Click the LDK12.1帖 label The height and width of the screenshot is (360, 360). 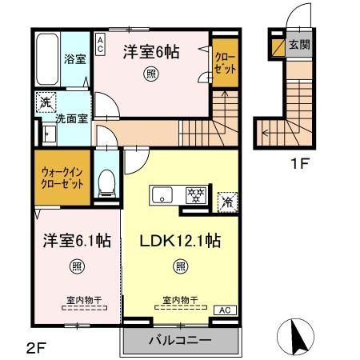(181, 240)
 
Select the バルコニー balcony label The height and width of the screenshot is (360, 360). (181, 339)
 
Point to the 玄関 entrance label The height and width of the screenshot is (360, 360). (299, 46)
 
